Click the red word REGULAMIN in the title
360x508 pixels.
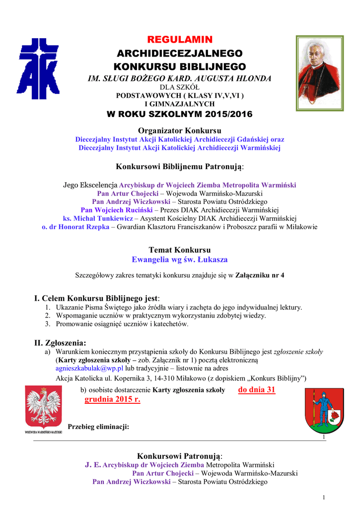180,40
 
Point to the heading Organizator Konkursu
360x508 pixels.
180,130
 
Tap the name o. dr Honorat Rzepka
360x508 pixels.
75,227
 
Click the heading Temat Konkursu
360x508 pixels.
180,250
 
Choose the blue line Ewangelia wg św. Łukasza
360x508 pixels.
180,259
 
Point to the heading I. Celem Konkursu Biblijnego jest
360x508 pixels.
97,298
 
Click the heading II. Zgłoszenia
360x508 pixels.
60,342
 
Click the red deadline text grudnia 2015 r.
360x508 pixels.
112,400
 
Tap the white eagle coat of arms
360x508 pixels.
43,408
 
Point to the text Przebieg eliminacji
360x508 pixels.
98,426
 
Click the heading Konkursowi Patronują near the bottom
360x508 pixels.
180,456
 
